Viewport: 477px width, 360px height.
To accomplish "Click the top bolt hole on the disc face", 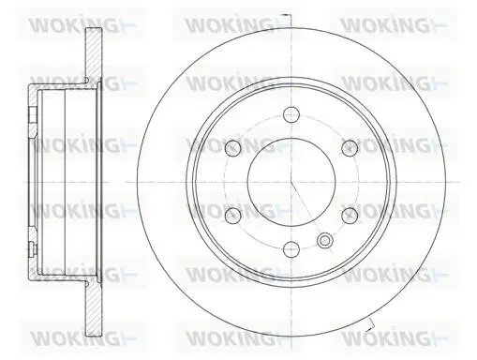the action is pos(291,113).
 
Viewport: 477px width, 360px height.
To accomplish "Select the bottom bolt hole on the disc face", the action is pos(291,249).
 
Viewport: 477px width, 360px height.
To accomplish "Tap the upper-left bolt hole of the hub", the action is pos(233,148).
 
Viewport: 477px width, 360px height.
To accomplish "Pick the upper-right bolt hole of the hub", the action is pos(350,148).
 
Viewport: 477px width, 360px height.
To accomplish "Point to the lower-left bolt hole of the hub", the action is pos(233,216).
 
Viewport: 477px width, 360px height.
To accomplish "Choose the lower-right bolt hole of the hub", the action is pos(350,216).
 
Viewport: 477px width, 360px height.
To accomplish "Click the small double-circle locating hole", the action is pos(325,240).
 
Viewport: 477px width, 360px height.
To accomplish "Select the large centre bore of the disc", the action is pos(291,182).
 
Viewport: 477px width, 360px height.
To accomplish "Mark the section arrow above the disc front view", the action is pos(286,15).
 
